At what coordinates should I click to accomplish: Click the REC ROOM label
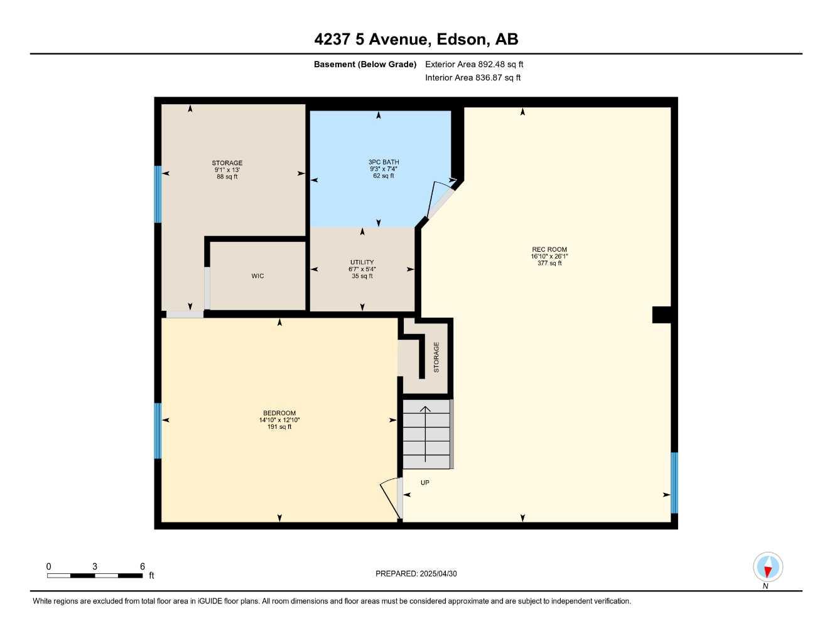coord(549,249)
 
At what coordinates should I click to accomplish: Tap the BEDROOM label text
coord(279,413)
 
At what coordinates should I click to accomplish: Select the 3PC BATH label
coord(384,162)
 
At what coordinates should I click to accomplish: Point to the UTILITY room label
coord(362,262)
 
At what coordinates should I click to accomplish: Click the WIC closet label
coord(257,276)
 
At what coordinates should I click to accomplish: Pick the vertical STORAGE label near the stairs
coord(436,357)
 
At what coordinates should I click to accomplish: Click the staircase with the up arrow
coord(426,435)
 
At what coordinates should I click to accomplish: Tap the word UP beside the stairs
coord(425,483)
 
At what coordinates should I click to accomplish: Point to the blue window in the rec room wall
coord(674,482)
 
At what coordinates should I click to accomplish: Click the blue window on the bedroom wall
coord(158,431)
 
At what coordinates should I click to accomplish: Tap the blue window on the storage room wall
coord(158,194)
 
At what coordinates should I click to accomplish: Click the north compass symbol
coord(767,568)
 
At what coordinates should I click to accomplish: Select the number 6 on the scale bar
coord(143,566)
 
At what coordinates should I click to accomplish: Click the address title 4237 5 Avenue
coord(416,40)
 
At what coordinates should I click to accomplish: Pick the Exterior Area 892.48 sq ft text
coord(474,64)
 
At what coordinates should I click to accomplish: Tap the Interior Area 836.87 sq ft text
coord(473,78)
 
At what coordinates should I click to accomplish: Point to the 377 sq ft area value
coord(549,263)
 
